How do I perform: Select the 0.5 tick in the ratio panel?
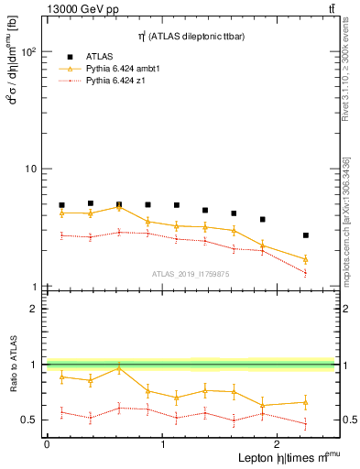pyautogui.click(x=28, y=420)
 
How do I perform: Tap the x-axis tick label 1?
pyautogui.click(x=163, y=444)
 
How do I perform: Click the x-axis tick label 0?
pyautogui.click(x=47, y=444)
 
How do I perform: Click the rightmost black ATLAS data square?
pyautogui.click(x=305, y=235)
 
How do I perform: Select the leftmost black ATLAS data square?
pyautogui.click(x=61, y=205)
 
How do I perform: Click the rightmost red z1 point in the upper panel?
pyautogui.click(x=305, y=273)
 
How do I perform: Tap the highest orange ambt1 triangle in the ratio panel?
pyautogui.click(x=119, y=368)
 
